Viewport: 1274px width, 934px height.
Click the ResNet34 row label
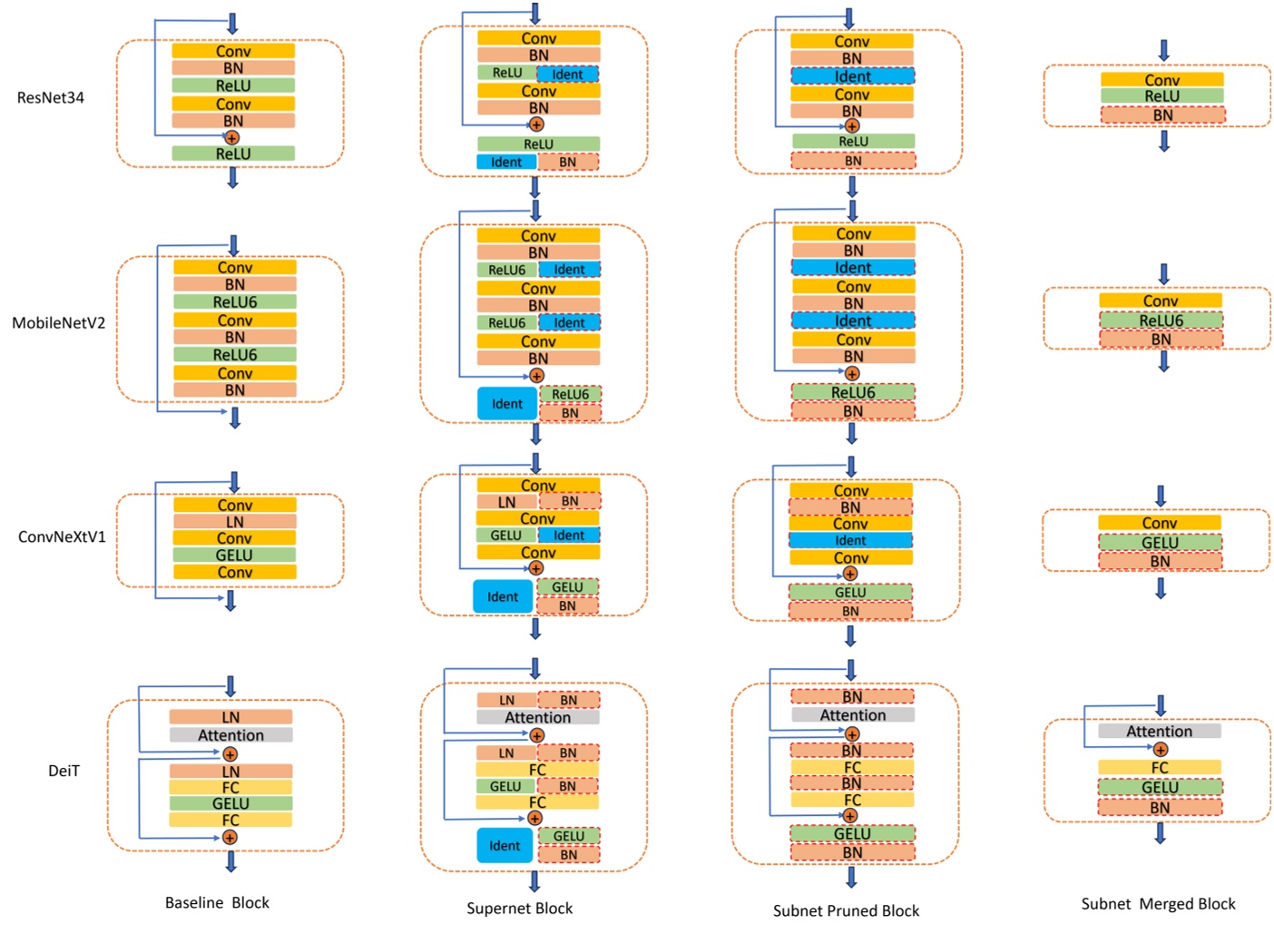click(x=51, y=97)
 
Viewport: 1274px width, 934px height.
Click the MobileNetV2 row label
click(x=58, y=322)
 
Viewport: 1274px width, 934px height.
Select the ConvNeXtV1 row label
click(x=62, y=536)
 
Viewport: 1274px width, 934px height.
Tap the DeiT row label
click(x=64, y=771)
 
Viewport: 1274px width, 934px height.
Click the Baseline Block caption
click(x=217, y=902)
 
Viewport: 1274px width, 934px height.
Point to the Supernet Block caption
click(x=519, y=908)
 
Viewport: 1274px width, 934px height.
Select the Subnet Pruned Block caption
click(x=846, y=910)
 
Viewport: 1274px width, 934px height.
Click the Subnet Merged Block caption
click(x=1158, y=904)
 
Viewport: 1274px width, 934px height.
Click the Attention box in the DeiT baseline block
click(x=230, y=735)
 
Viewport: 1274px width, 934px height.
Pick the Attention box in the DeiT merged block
click(x=1159, y=731)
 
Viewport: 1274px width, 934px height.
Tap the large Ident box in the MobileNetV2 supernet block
click(x=506, y=404)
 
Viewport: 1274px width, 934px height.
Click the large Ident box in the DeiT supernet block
click(x=505, y=846)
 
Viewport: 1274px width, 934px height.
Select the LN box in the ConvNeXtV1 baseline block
click(x=234, y=522)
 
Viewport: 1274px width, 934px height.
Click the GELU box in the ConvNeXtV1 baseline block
click(x=234, y=555)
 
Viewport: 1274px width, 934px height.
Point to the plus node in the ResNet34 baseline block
click(x=231, y=138)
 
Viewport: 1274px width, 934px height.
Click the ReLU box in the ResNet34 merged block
click(x=1161, y=96)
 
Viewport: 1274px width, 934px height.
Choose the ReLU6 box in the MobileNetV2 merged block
click(x=1161, y=320)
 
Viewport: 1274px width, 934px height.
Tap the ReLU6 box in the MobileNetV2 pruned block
click(x=853, y=392)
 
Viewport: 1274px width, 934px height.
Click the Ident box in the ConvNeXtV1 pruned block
click(x=850, y=540)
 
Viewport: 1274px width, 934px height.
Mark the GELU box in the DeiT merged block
click(x=1160, y=787)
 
